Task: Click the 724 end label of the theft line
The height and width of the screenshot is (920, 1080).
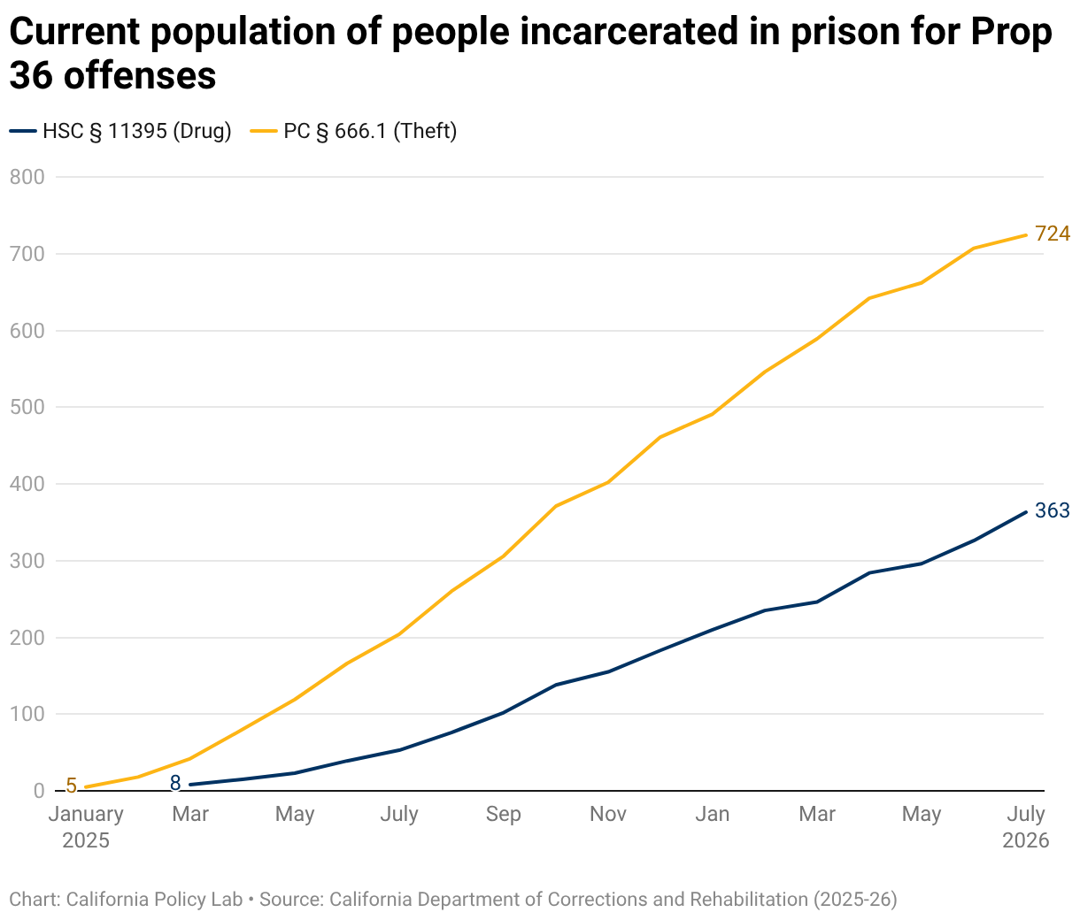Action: (x=1052, y=234)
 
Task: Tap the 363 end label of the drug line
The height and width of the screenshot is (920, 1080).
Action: (x=1052, y=510)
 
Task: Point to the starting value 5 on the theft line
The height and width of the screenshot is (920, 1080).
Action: (x=71, y=786)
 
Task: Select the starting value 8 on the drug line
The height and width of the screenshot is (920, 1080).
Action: (x=175, y=783)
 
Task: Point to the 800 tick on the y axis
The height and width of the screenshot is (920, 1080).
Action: (x=27, y=177)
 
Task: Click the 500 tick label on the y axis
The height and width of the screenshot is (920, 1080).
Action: (x=27, y=407)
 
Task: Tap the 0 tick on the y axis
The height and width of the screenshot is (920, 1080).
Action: (x=39, y=791)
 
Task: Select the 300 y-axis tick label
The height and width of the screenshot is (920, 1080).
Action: (x=27, y=561)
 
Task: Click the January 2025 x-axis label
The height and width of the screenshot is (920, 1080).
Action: (x=86, y=826)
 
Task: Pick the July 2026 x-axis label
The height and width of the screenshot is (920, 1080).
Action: (x=1025, y=826)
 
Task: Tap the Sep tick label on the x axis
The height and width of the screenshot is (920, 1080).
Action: (x=503, y=814)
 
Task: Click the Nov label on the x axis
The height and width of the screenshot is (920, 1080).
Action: (x=607, y=814)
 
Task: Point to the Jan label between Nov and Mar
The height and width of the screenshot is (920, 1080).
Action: (x=712, y=814)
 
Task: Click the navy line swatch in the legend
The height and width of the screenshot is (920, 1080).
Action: (x=23, y=131)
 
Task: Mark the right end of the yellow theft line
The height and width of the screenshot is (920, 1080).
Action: (x=1026, y=235)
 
